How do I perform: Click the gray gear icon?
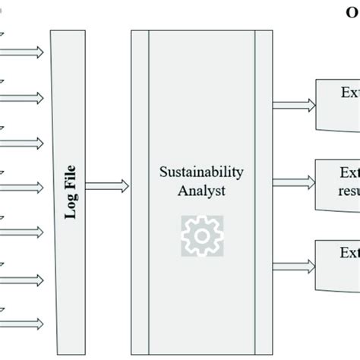tap(201, 235)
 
